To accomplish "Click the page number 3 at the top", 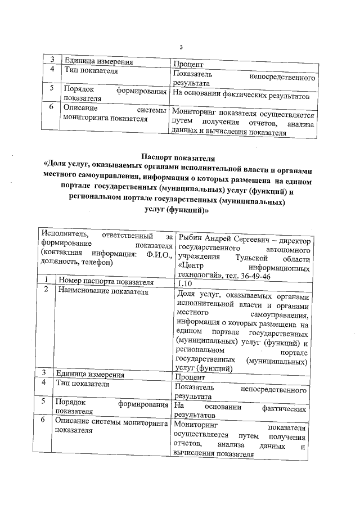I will tap(181, 47).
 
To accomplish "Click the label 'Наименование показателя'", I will tap(102, 291).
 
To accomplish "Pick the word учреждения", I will tap(197, 257).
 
